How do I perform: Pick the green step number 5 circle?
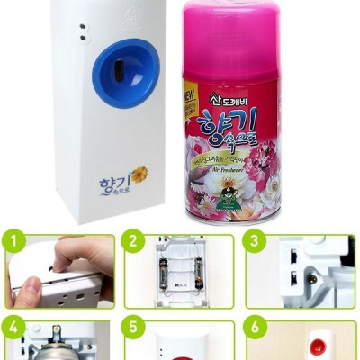tap(134, 328)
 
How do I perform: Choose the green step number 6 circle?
tap(256, 328)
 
